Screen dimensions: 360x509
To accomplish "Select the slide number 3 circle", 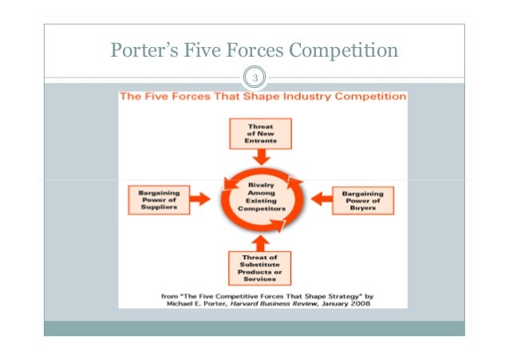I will point(254,78).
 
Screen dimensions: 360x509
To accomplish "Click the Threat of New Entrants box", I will point(259,133).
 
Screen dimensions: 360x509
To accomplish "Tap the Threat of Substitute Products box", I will point(260,267).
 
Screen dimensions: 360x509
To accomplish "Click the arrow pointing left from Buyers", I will point(319,200).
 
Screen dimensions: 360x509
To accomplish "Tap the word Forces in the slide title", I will point(254,52).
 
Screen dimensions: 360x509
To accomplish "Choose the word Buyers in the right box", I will point(365,208).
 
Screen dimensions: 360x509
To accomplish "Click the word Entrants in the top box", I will point(259,140).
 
